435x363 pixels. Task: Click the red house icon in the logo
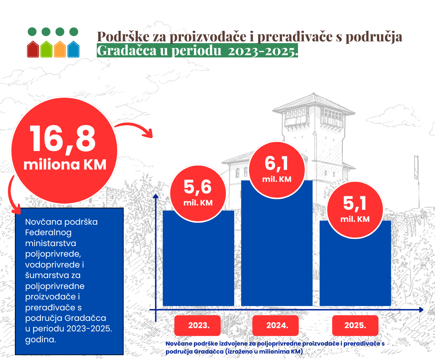(x=32, y=50)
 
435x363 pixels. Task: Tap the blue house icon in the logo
(x=74, y=50)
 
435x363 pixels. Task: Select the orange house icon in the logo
(x=60, y=50)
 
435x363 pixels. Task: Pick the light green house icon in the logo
(x=46, y=50)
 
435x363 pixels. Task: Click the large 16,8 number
(x=63, y=139)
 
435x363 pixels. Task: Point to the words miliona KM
(x=65, y=164)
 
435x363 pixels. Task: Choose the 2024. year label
(x=277, y=325)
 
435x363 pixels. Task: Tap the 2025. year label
(x=355, y=325)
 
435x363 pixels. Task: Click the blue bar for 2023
(x=198, y=265)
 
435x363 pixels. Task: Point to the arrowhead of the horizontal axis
(x=420, y=310)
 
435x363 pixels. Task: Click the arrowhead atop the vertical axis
(x=156, y=196)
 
